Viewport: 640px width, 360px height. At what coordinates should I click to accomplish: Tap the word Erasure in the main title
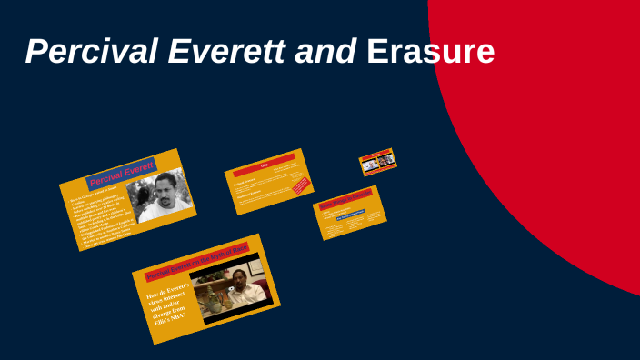click(x=430, y=52)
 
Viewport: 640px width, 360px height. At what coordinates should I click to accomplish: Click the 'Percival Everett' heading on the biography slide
click(x=121, y=174)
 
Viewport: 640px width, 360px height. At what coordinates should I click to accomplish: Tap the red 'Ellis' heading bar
click(x=265, y=165)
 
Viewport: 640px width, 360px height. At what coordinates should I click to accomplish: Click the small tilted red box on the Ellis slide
click(x=300, y=186)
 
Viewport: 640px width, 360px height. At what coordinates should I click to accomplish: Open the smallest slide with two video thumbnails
click(x=378, y=161)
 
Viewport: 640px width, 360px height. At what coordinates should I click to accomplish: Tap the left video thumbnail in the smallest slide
click(x=371, y=163)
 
